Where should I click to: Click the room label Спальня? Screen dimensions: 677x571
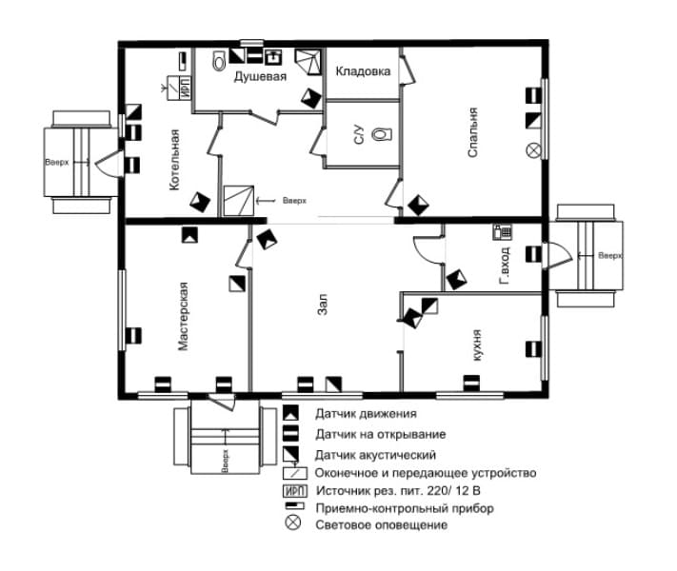click(473, 132)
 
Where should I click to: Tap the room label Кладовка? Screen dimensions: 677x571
click(363, 71)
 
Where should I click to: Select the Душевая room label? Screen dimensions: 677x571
click(260, 77)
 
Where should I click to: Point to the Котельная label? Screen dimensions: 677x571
click(174, 160)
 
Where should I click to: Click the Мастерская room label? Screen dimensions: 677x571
click(184, 316)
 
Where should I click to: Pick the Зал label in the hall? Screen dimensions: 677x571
click(323, 305)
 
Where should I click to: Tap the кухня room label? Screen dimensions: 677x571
click(477, 345)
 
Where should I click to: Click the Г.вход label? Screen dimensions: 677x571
click(505, 266)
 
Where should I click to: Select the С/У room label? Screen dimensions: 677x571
click(359, 134)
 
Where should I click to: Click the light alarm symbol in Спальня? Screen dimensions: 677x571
click(533, 150)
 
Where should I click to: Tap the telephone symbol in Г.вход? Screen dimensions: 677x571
click(502, 232)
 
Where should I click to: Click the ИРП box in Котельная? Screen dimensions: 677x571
click(185, 88)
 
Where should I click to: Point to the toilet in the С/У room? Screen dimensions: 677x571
click(382, 134)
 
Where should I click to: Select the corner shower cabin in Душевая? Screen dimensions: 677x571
click(309, 62)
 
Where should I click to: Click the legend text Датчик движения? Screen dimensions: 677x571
click(366, 414)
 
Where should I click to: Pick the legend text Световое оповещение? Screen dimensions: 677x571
click(381, 525)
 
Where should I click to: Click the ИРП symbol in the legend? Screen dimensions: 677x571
click(295, 491)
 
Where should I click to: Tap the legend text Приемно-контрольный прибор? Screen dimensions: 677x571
click(405, 508)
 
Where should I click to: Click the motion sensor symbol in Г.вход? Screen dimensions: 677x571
click(456, 279)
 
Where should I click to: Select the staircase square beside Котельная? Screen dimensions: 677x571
click(238, 201)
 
